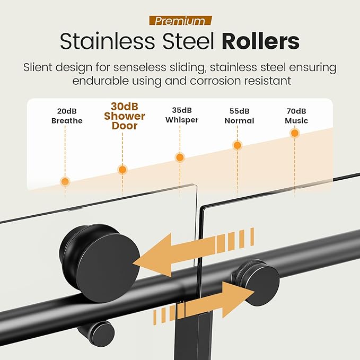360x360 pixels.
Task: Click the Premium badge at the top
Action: click(180, 21)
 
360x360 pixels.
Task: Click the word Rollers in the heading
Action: click(260, 41)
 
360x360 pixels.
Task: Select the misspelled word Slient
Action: click(38, 67)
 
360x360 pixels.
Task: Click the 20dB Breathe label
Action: click(67, 116)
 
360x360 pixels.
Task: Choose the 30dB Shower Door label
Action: click(125, 116)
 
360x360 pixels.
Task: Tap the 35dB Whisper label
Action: click(182, 115)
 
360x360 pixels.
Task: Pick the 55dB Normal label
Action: click(239, 116)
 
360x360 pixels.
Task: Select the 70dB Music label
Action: click(296, 116)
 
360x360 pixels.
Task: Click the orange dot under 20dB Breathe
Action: click(65, 182)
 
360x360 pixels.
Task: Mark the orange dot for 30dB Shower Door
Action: click(122, 170)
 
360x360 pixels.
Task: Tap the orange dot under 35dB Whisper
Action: click(180, 157)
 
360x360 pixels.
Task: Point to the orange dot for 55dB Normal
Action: click(237, 145)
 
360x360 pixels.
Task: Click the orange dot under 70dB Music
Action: click(295, 133)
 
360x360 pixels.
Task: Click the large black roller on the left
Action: click(100, 263)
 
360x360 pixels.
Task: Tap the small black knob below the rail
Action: click(96, 333)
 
